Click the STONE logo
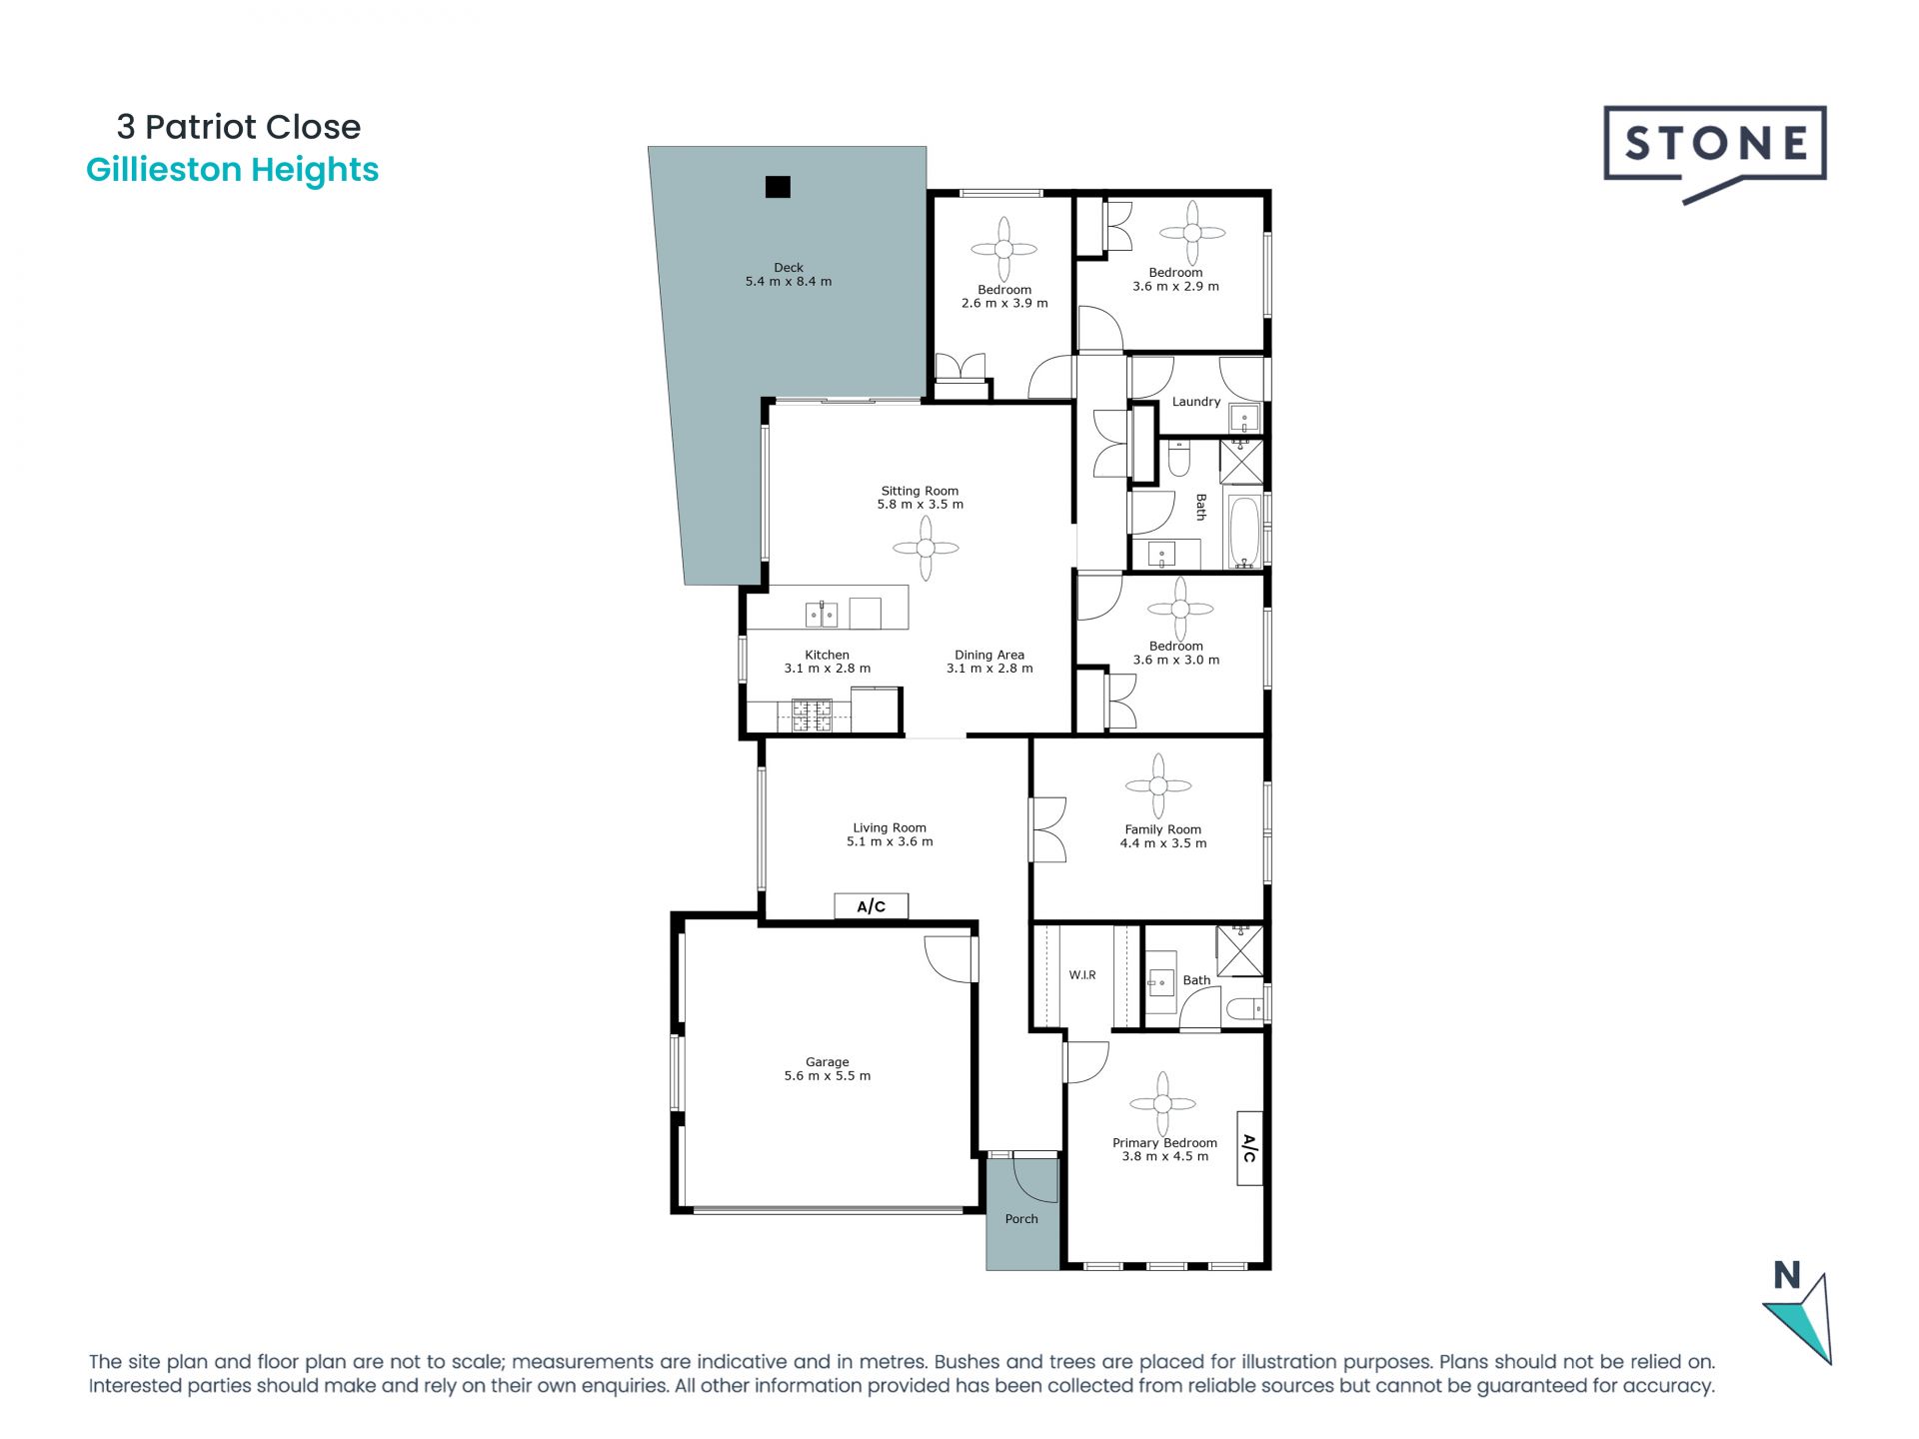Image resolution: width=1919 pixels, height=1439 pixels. coord(1714,146)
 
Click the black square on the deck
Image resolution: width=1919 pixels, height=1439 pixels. coord(778,187)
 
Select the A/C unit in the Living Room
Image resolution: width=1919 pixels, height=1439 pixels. coord(871,906)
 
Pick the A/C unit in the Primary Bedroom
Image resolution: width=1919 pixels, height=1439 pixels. coord(1249,1148)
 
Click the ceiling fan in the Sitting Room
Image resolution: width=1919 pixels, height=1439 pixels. coord(926,548)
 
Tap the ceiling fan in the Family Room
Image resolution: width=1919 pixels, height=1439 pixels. coord(1158,786)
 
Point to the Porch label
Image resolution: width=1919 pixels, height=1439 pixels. coord(1021,1219)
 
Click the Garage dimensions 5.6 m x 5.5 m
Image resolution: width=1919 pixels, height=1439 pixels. coord(827,1076)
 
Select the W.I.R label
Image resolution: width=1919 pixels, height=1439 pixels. coord(1082,975)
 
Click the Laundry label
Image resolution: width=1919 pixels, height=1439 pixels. coord(1195,402)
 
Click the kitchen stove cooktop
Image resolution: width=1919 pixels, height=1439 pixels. coord(812,715)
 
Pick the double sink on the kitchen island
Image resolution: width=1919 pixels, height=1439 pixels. coord(822,614)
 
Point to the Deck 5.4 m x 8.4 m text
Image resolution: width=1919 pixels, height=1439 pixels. coord(788,275)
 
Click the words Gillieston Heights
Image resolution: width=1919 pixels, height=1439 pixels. coord(232,170)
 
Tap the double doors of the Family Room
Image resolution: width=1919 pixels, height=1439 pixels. coord(1047,828)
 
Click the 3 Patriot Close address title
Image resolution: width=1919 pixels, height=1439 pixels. coord(238,127)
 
